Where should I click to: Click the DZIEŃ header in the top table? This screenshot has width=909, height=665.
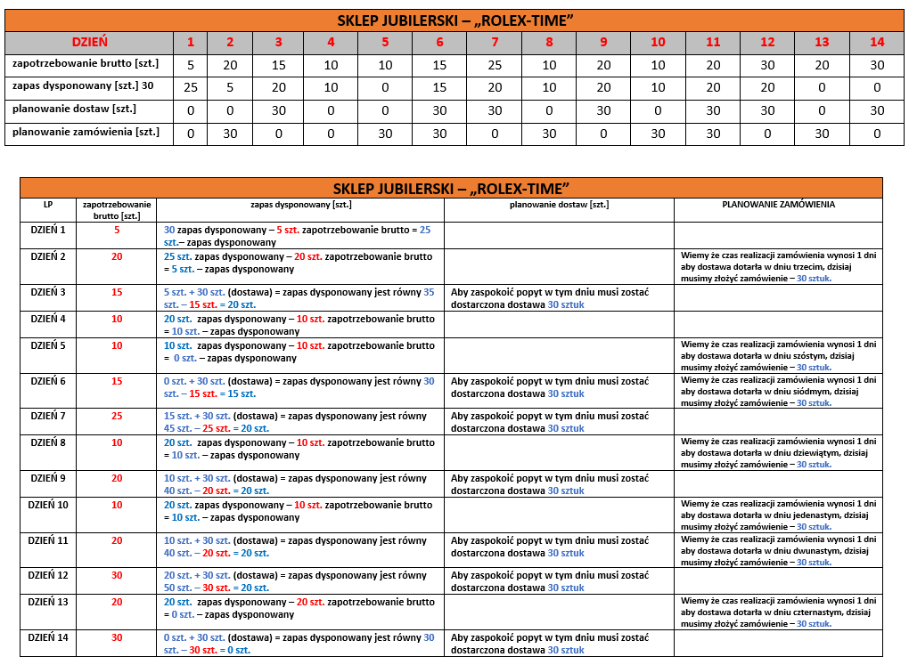click(x=89, y=42)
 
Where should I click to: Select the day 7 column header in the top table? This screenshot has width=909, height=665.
click(x=495, y=42)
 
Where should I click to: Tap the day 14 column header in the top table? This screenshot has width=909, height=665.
click(x=877, y=42)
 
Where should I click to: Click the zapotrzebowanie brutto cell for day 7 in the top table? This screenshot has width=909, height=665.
click(x=495, y=65)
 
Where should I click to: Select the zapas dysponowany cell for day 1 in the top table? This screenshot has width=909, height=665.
click(x=190, y=87)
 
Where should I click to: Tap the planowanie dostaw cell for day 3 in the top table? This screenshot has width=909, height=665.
click(x=278, y=110)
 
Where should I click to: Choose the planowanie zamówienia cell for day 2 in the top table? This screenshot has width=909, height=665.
click(x=230, y=134)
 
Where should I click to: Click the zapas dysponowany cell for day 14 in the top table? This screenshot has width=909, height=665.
click(x=877, y=87)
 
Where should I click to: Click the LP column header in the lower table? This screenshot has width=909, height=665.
click(x=48, y=204)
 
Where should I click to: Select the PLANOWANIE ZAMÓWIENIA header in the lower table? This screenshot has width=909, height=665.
click(x=778, y=204)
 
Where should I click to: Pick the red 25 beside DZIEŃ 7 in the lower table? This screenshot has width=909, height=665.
click(x=117, y=416)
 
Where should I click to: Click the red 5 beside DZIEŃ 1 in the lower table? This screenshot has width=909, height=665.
click(x=117, y=230)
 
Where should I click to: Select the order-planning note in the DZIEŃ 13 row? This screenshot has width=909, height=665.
click(x=778, y=612)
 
